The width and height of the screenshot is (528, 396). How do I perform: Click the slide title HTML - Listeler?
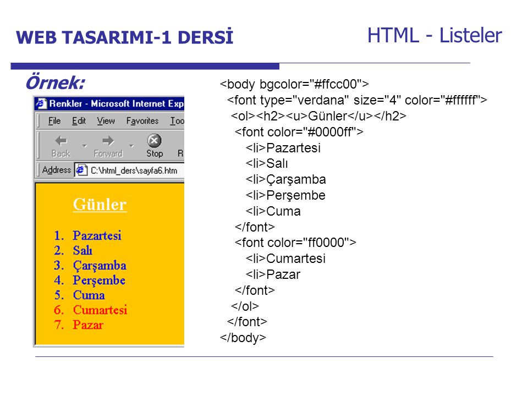coord(435,35)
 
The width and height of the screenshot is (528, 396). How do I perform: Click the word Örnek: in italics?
coord(55,82)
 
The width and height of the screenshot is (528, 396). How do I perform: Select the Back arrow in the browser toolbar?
coord(61,141)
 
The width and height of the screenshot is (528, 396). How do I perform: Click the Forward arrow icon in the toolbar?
coord(108,141)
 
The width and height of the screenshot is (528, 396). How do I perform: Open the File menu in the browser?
coord(54,120)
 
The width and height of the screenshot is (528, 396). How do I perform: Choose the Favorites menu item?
coord(142,120)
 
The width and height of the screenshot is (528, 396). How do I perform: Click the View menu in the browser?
coord(106,120)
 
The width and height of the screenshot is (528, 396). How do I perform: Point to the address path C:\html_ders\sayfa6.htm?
coord(134,170)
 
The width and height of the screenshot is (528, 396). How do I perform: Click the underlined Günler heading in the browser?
coord(100,205)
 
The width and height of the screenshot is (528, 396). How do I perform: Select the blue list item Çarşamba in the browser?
coord(100,266)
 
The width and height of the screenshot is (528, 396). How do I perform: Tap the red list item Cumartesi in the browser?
coord(100,310)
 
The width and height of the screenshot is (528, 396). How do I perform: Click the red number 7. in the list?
coord(59,324)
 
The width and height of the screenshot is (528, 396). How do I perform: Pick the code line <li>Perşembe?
coord(285,195)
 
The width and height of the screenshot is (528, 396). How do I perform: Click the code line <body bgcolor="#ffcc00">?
coord(294,84)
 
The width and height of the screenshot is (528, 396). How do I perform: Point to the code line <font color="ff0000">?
coord(295,243)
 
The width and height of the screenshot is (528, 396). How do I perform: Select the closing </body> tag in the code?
coord(243,337)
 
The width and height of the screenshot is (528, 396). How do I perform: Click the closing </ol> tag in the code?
coord(245,306)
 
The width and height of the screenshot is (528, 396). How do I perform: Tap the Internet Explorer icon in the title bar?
coord(41,103)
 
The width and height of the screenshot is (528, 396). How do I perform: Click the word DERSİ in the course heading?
coord(205,37)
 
